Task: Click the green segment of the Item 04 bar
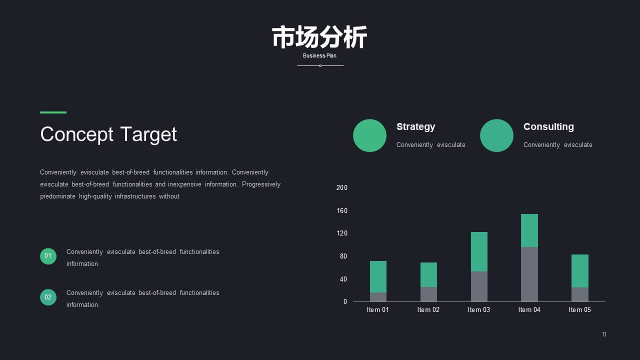pos(529,230)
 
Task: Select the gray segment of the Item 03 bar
pos(479,286)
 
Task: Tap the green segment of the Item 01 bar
pos(378,276)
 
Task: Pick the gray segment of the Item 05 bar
pos(580,294)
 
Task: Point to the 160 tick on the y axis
pos(342,211)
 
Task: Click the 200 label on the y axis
pos(342,187)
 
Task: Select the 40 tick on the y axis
pos(343,279)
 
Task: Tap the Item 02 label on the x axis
pos(428,309)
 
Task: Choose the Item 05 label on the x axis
pos(579,309)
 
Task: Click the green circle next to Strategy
pos(369,135)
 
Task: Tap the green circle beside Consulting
pos(496,135)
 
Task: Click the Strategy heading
pos(415,127)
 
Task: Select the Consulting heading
pos(548,126)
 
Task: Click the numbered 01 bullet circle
pos(48,256)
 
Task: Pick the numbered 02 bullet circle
pos(48,297)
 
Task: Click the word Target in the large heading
pos(148,134)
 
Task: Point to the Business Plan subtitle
pos(319,55)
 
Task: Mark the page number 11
pos(604,334)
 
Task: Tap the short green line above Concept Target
pos(53,112)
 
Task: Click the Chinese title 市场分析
pos(319,37)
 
